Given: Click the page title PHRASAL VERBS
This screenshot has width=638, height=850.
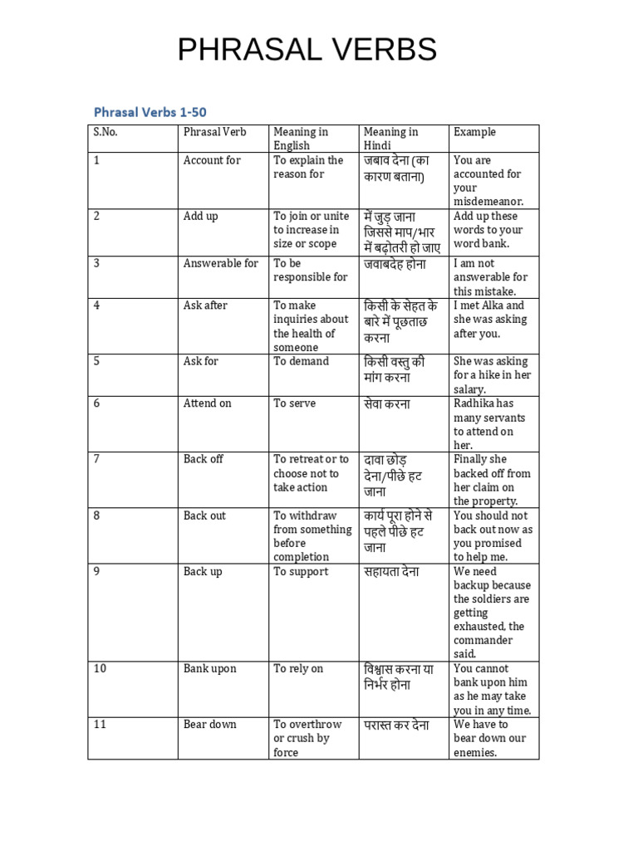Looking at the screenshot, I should pos(307,51).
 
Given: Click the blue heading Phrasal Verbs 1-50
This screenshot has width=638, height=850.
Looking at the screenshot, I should pos(155,111).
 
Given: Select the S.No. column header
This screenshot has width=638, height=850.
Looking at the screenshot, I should pos(106,132).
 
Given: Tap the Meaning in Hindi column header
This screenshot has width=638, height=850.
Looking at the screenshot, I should pos(390,139).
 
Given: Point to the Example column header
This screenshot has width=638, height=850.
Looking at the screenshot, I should pos(474,132).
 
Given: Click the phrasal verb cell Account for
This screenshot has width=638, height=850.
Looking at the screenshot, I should pos(212,160).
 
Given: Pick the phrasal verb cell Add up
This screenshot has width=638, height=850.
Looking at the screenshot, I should pos(201,216).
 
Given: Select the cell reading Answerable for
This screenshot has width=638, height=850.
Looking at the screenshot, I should pos(221,263).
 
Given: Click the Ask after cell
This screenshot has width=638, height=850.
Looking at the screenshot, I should pos(205,305).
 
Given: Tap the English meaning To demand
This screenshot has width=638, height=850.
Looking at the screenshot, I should pos(301,361).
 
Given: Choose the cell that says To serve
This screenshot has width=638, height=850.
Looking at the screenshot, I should pos(294,403).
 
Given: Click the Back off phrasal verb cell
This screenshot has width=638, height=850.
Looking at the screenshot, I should pos(204,459).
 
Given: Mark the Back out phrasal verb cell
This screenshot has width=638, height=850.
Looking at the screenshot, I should pos(204,515).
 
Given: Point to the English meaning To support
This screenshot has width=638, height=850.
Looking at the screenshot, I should pos(301,571).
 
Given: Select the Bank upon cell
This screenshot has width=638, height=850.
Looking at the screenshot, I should pos(210,669).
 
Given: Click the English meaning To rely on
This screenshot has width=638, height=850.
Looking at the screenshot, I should pos(298,669).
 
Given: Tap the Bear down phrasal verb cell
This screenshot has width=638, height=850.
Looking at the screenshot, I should pos(210,725).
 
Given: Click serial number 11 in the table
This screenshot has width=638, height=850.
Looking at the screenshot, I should pos(100,725).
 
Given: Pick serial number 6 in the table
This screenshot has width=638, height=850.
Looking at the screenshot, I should pos(96,403).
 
